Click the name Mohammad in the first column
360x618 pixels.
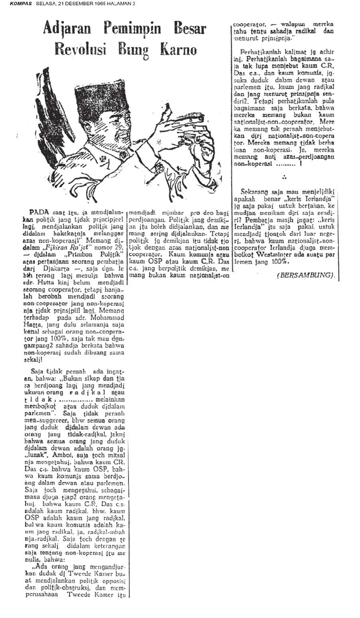[x=109, y=319]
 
